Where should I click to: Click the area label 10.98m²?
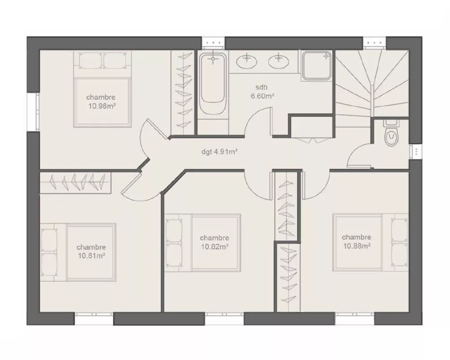101,107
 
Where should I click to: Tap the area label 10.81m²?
91,256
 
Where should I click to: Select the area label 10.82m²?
215,246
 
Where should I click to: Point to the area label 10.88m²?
356,246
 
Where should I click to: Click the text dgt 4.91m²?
219,152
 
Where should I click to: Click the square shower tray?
316,66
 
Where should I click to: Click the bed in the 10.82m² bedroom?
202,242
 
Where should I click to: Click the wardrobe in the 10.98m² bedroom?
184,90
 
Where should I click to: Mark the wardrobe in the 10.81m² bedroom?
75,182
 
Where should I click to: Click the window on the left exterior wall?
33,111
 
